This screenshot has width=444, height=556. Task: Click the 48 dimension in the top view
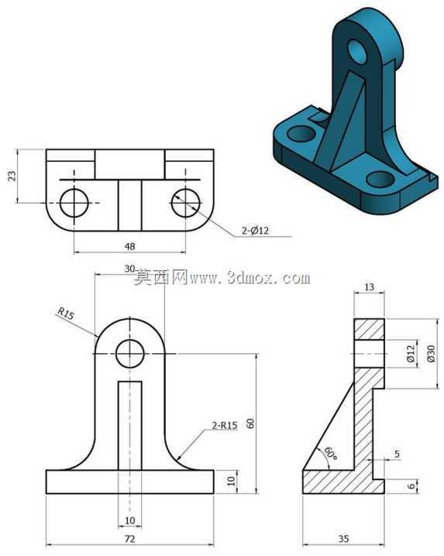tap(130, 246)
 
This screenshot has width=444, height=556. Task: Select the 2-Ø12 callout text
tap(255, 231)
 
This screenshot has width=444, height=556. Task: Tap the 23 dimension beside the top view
tap(12, 176)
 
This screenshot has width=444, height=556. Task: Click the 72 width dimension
tap(130, 539)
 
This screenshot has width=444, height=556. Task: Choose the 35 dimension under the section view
tap(343, 539)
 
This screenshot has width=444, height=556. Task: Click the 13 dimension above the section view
tap(369, 287)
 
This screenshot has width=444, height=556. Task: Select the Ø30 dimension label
tap(431, 353)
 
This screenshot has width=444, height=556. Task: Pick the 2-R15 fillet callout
tap(225, 425)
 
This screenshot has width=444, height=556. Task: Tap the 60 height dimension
tap(250, 424)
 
